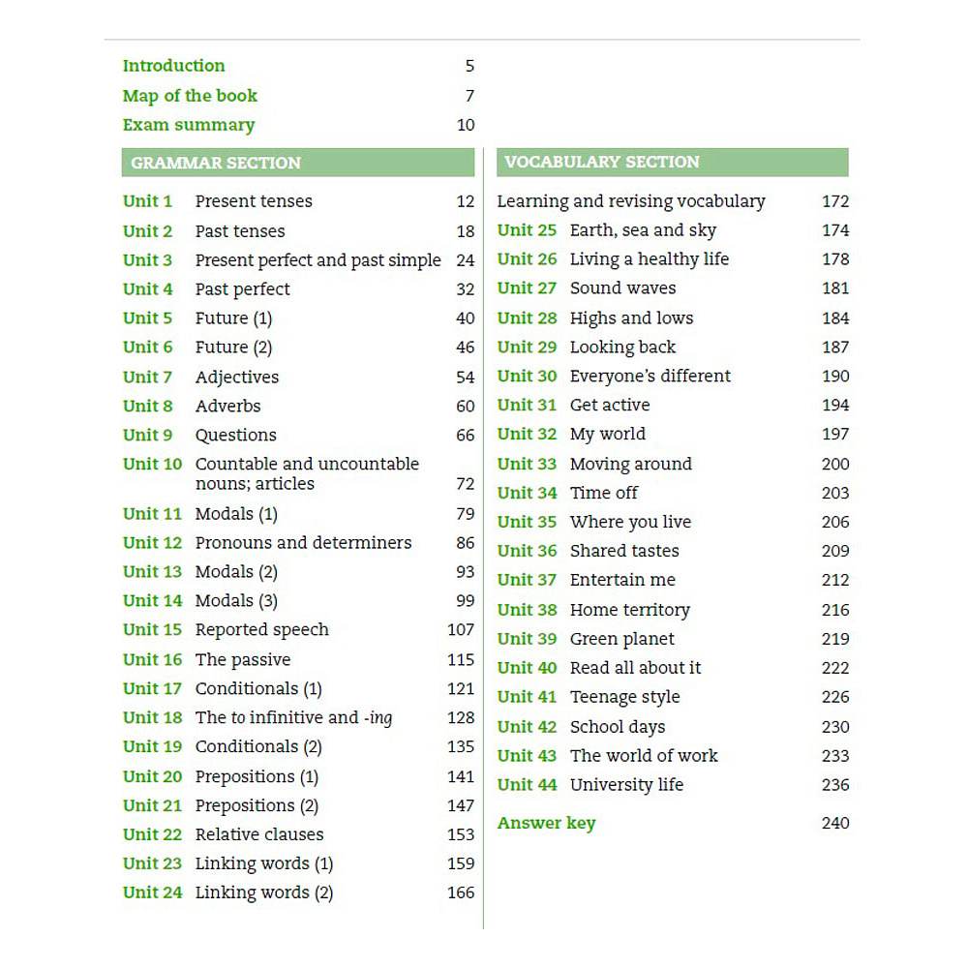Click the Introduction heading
pos(173,66)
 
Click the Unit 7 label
pos(147,377)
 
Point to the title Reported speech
pos(261,629)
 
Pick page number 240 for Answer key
pos(834,823)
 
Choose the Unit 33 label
pos(527,464)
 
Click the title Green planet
pos(621,639)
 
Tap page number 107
pos(461,629)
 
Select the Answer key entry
pos(546,823)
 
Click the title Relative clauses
pos(259,834)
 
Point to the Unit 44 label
pos(527,785)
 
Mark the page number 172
pos(834,201)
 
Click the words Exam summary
pos(189,125)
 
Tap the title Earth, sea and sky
pos(643,230)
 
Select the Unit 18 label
pos(152,717)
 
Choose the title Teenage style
pos(624,697)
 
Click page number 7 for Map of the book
pos(469,96)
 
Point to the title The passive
pos(242,659)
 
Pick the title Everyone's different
pos(650,376)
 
